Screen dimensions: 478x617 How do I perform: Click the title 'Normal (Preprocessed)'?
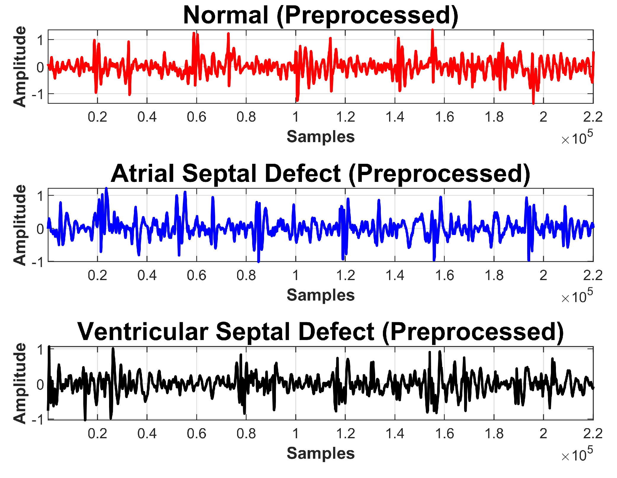click(321, 15)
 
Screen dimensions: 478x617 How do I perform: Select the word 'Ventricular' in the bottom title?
click(143, 332)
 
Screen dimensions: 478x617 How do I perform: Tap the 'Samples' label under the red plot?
click(321, 137)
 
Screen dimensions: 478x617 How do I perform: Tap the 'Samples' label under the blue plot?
click(321, 295)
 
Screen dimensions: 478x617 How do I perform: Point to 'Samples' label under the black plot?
click(321, 453)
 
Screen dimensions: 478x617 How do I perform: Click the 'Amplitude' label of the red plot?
click(20, 66)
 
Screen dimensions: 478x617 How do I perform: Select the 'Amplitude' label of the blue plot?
click(20, 225)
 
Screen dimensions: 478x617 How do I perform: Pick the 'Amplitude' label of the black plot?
click(20, 383)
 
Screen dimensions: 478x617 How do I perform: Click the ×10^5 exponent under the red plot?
click(577, 138)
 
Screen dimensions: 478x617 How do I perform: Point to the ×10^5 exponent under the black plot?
click(577, 455)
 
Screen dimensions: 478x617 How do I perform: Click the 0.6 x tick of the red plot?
click(196, 117)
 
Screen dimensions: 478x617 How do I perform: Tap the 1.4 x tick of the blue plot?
click(395, 276)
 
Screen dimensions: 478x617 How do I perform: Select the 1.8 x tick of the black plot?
click(494, 434)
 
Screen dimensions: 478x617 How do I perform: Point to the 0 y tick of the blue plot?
click(40, 229)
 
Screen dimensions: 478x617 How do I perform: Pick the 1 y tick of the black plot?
click(41, 350)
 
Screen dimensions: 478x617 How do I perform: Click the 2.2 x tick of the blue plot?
click(593, 276)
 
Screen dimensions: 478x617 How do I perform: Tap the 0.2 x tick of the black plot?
click(97, 434)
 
